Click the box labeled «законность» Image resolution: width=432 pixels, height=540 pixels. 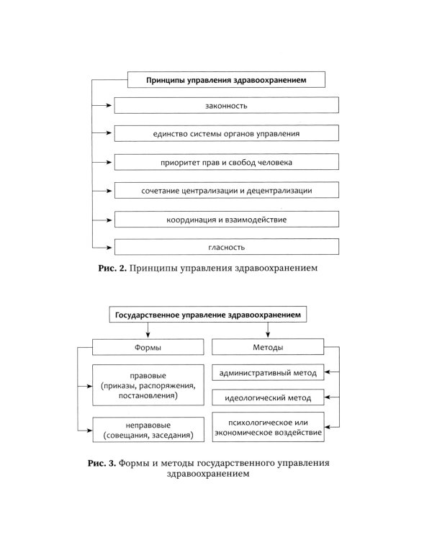pos(226,106)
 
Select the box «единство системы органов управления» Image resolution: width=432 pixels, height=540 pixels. pos(226,134)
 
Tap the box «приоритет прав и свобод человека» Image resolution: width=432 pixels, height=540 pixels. pos(226,163)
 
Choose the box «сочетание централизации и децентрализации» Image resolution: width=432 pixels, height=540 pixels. pos(226,191)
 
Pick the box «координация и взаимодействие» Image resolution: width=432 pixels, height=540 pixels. pos(226,219)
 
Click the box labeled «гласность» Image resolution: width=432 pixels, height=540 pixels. pos(226,247)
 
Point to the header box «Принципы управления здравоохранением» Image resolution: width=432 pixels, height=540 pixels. pos(227,81)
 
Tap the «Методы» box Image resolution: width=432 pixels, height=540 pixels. pos(268,348)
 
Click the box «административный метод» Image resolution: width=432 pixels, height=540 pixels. pos(268,373)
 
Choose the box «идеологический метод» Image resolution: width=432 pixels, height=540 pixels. pos(268,397)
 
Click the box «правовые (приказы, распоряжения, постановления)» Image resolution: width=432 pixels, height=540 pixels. pos(149,385)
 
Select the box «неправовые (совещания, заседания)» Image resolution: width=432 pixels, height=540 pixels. pos(149,430)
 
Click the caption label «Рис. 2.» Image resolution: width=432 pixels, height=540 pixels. pos(112,269)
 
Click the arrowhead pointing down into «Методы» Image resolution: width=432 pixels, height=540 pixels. pos(268,336)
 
